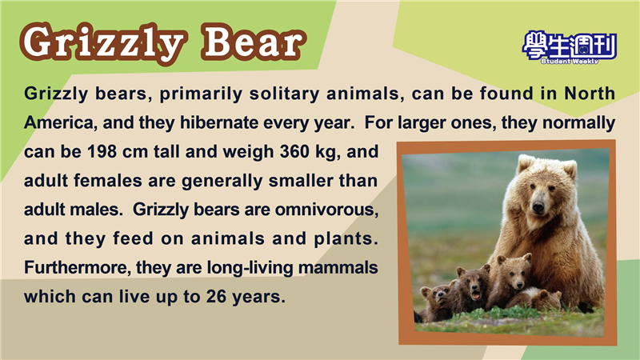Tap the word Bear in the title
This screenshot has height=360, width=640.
254,42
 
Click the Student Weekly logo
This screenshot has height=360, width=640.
569,47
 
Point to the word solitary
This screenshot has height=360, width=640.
284,94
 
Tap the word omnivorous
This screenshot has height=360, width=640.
326,210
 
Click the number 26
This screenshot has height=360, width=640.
216,297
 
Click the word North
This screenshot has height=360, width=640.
590,94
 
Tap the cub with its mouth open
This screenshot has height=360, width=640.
474,286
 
